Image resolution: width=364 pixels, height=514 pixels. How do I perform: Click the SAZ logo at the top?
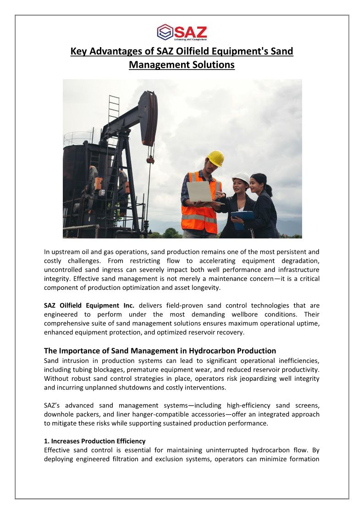tap(182, 32)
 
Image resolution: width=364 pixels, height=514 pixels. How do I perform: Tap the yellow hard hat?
tap(215, 158)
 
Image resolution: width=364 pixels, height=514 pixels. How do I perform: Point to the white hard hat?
tap(241, 177)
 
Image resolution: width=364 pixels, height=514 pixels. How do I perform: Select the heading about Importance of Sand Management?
tap(160, 351)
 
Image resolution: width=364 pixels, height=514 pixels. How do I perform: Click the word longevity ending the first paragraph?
tap(207, 287)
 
